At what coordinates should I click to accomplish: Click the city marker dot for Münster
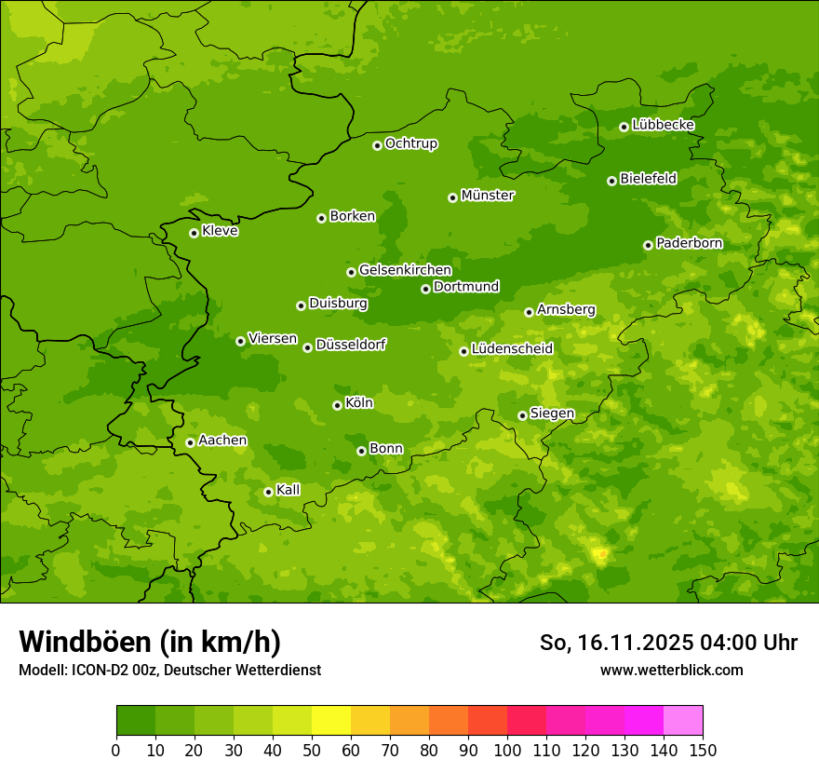point(452,197)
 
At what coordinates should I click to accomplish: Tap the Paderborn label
point(689,243)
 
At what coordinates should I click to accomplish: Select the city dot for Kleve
point(194,233)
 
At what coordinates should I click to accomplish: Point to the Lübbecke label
point(663,125)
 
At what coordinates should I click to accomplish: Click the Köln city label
point(358,403)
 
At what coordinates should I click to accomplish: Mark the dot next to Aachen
point(190,442)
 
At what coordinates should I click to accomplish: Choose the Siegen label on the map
point(552,414)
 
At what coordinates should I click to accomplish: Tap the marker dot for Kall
point(268,492)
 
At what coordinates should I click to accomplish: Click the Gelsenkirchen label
point(405,270)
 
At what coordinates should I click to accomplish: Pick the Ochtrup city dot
point(377,145)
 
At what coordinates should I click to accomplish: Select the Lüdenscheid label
point(512,349)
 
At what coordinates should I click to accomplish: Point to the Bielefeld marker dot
point(611,181)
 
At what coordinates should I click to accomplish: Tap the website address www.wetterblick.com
point(671,670)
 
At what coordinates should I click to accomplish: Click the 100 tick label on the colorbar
point(507,749)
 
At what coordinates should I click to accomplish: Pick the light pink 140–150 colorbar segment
point(683,720)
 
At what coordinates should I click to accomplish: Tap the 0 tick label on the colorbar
point(116,749)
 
